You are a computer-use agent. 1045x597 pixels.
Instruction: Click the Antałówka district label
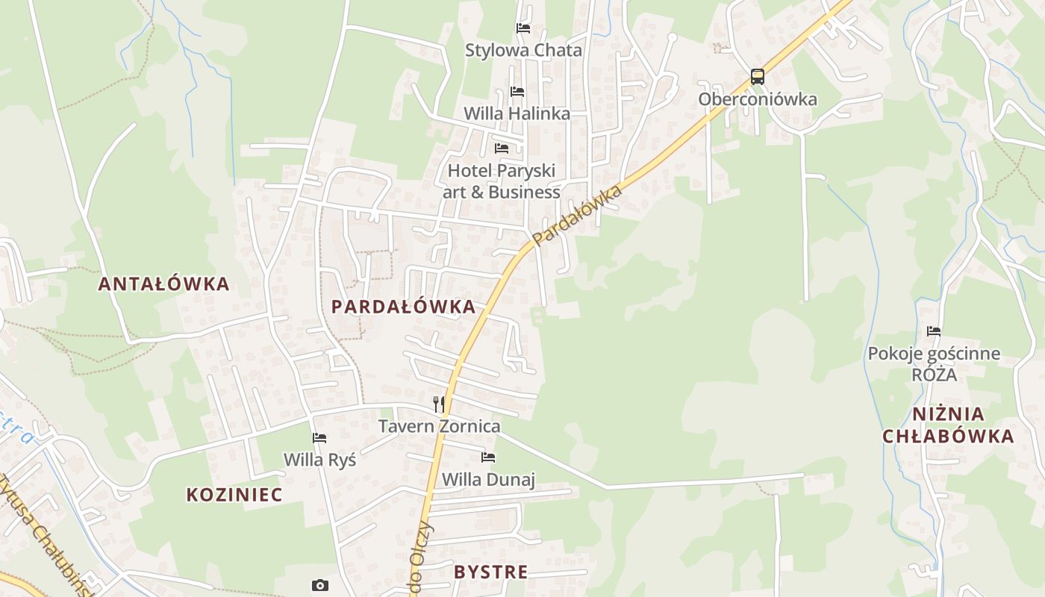tap(163, 284)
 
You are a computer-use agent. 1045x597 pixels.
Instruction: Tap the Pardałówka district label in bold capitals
tap(403, 307)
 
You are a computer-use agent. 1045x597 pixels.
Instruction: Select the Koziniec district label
tap(234, 495)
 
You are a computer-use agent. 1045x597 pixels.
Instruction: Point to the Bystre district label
tap(490, 572)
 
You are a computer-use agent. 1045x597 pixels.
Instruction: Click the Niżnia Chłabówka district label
tap(948, 425)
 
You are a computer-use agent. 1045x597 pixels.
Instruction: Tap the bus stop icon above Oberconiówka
tap(757, 76)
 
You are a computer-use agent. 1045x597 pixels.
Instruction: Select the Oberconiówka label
tap(758, 99)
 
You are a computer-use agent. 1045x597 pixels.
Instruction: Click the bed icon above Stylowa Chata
tap(523, 28)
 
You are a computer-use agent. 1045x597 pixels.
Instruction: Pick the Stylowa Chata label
tap(523, 51)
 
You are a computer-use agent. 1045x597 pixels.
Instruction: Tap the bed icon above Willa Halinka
tap(517, 92)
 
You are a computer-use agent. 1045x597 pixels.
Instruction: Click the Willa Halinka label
tap(517, 113)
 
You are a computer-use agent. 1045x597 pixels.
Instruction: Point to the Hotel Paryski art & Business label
tap(502, 181)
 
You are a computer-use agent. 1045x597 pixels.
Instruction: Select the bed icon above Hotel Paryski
tap(502, 149)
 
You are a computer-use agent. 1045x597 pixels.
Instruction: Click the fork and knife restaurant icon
tap(439, 404)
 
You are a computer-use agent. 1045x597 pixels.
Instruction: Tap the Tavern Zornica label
tap(439, 427)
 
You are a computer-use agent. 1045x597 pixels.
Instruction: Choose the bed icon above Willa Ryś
tap(319, 438)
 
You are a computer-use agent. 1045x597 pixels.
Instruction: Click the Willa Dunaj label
tap(488, 479)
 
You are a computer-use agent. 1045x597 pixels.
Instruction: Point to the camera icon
tap(319, 585)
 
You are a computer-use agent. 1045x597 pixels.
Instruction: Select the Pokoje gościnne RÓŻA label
tap(934, 363)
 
